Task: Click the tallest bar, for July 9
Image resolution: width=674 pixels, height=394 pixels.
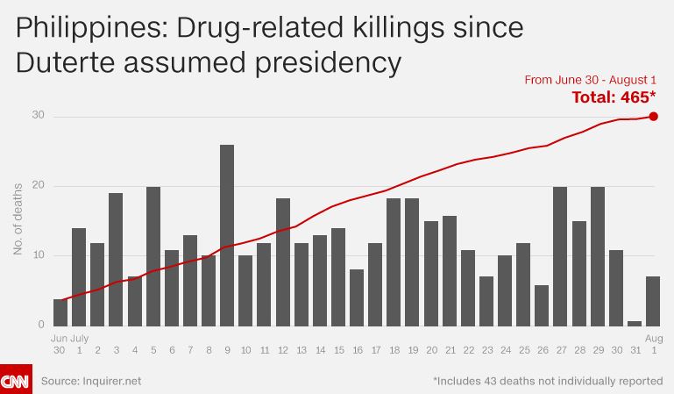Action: coord(227,235)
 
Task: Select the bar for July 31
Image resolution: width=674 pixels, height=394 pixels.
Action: coord(635,324)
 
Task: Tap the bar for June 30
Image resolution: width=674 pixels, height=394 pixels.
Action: coord(60,312)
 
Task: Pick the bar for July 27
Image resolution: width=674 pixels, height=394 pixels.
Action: coord(560,256)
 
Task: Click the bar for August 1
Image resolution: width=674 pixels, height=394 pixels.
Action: coord(653,301)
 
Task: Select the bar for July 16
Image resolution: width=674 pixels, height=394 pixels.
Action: coord(357,297)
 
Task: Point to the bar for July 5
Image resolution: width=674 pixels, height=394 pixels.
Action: coord(153,256)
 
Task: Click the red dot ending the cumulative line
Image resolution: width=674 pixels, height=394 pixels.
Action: coord(653,117)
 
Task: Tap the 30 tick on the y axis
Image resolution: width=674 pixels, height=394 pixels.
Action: coord(39,115)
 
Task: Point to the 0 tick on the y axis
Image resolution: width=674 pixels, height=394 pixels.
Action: coord(41,325)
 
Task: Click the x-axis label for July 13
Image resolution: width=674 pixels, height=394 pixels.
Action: coord(302,350)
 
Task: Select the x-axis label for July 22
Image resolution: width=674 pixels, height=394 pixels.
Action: coord(469,350)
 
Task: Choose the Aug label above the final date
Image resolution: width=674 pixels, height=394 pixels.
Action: coord(654,339)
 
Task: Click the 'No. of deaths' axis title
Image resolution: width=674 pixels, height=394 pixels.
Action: coord(18,219)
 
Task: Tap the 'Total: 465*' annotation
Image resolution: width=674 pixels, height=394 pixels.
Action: coord(614,97)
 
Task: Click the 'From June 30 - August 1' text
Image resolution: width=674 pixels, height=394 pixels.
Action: coord(591,80)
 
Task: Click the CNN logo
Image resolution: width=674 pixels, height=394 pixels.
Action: coord(16,379)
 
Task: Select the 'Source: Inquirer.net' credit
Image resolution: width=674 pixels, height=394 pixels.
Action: coord(91,381)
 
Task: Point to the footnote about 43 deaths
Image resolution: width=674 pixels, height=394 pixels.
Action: coord(548,381)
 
